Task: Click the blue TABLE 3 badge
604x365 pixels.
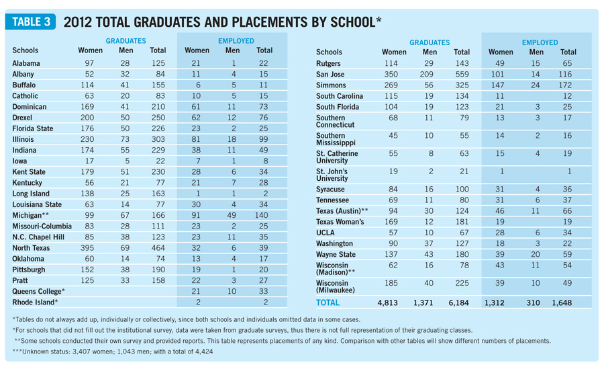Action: click(30, 22)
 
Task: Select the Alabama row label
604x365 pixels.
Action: click(26, 63)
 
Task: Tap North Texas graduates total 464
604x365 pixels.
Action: click(158, 248)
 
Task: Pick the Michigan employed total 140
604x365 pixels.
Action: click(264, 215)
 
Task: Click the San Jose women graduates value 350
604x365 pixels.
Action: click(394, 74)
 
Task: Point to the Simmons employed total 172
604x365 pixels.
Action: click(568, 85)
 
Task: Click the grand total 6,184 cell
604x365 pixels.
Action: click(461, 303)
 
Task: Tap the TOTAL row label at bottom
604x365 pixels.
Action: click(330, 303)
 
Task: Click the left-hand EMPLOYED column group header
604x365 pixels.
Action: click(236, 41)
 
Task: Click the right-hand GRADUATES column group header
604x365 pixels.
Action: click(430, 42)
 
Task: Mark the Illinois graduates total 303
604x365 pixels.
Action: click(158, 139)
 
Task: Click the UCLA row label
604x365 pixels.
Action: click(327, 233)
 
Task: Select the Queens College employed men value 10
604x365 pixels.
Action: click(232, 292)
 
